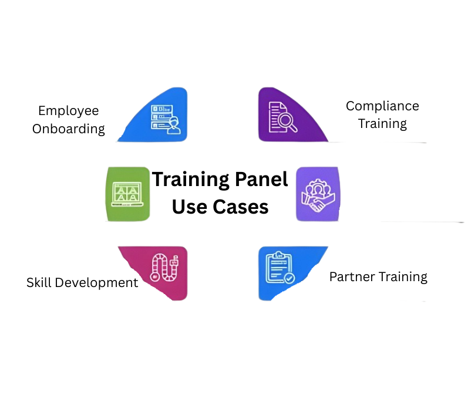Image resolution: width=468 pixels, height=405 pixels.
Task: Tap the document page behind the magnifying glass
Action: (x=275, y=115)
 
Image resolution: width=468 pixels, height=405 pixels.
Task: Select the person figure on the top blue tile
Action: (x=173, y=125)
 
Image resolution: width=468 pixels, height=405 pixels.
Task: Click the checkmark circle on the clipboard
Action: (x=289, y=278)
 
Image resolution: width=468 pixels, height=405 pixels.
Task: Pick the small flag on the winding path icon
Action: (x=174, y=258)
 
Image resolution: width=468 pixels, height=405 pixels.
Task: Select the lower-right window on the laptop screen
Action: (x=133, y=198)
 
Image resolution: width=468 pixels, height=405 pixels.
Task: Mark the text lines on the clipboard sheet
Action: (x=277, y=268)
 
